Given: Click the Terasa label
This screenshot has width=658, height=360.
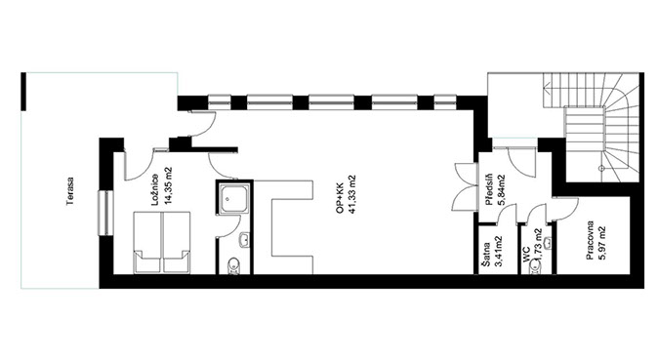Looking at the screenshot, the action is pyautogui.click(x=70, y=191).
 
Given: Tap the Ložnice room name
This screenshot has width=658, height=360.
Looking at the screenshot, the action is pyautogui.click(x=155, y=189).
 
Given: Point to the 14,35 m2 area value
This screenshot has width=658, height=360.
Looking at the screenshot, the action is pyautogui.click(x=169, y=186).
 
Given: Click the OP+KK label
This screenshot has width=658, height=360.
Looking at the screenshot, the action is pyautogui.click(x=339, y=198).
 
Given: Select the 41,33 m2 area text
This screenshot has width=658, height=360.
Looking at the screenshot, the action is pyautogui.click(x=351, y=195).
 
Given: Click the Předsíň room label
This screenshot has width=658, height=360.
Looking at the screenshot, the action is pyautogui.click(x=488, y=189).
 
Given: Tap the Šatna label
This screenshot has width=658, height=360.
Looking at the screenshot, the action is pyautogui.click(x=487, y=254).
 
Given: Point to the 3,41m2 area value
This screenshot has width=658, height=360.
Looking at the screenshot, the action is pyautogui.click(x=500, y=251).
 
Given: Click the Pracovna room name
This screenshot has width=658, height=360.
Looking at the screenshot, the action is pyautogui.click(x=590, y=240).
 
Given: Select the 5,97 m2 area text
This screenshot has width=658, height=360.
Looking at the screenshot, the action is pyautogui.click(x=602, y=243).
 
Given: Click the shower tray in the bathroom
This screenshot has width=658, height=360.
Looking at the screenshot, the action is pyautogui.click(x=234, y=198).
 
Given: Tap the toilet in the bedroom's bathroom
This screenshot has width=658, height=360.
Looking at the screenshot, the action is pyautogui.click(x=233, y=265).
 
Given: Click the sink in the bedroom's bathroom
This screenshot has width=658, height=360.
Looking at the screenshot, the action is pyautogui.click(x=244, y=240).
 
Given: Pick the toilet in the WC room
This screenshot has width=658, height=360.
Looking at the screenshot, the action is pyautogui.click(x=535, y=267).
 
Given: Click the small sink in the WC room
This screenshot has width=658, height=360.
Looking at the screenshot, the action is pyautogui.click(x=547, y=242).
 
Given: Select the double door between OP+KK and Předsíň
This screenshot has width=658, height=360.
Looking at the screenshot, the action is pyautogui.click(x=467, y=186).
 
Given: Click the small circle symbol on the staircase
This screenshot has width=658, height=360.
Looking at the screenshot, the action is pyautogui.click(x=601, y=168).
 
